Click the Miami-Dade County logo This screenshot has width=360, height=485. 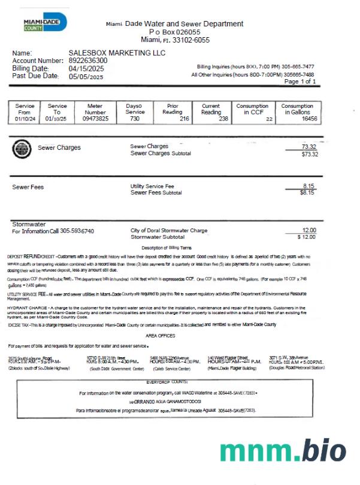(44, 23)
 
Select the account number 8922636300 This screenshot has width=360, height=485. (88, 61)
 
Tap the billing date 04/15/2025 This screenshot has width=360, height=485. (86, 68)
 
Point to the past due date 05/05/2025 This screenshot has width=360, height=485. (86, 76)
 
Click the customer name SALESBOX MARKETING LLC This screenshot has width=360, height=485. (117, 53)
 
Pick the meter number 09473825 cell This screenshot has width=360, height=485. (95, 119)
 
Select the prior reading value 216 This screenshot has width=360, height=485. (184, 119)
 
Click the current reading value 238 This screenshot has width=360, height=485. (223, 119)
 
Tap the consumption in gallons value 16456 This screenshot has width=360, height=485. (309, 119)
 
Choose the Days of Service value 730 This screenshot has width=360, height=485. (135, 119)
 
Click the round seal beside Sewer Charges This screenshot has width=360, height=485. (22, 149)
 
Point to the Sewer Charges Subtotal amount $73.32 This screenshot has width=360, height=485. (309, 154)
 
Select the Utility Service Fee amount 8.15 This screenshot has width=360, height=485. (309, 186)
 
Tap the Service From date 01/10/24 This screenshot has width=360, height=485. (25, 119)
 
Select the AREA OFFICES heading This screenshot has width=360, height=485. (160, 336)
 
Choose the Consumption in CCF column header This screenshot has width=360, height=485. (253, 109)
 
